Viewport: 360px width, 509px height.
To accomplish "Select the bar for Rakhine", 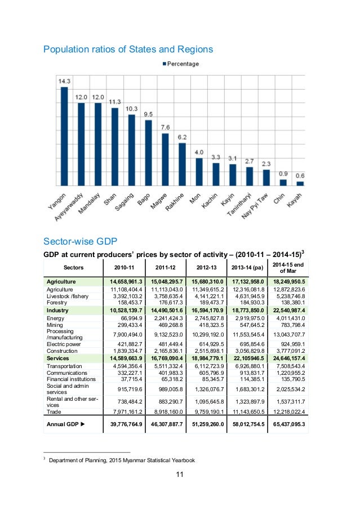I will pos(182,164).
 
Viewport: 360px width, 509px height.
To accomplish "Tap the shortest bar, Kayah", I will pos(300,183).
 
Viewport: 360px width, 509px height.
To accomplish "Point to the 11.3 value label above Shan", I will pos(115,101).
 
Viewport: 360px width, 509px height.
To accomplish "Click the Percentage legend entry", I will pos(180,64).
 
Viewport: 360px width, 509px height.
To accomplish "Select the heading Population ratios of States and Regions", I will pos(128,50).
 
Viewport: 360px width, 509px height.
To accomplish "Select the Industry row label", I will pos(57,310).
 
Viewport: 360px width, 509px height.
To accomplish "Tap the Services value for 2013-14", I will pos(246,357).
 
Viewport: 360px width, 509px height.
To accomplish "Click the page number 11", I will pos(180,475).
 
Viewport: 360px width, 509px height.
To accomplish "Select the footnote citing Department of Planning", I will pos(122,461).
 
